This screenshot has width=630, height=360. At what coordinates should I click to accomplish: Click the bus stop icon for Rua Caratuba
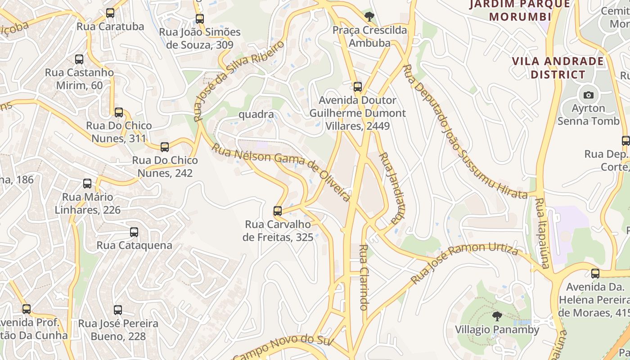[x=110, y=13]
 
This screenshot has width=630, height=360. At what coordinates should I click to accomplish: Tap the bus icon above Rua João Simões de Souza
[x=200, y=19]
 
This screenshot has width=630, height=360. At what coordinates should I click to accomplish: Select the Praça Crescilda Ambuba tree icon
[x=369, y=17]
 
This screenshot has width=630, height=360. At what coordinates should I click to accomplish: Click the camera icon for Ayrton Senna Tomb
[x=588, y=95]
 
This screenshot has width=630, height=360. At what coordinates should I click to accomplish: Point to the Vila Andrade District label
[x=558, y=67]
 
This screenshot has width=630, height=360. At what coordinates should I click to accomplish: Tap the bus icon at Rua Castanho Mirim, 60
[x=79, y=59]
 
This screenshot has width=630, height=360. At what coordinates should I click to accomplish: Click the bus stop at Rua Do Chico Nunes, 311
[x=119, y=112]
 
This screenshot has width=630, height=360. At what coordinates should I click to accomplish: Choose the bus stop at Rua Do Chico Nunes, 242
[x=165, y=147]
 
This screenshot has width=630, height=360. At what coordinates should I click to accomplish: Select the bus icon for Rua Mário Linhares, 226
[x=87, y=184]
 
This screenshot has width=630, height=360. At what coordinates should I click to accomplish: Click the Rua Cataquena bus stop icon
[x=134, y=232]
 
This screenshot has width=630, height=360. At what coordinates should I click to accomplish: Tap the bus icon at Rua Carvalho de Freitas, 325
[x=278, y=211]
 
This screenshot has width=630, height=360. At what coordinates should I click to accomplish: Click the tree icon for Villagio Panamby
[x=497, y=316]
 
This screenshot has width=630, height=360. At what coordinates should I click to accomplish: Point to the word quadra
[x=256, y=114]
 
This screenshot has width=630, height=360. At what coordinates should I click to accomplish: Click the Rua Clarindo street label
[x=364, y=277]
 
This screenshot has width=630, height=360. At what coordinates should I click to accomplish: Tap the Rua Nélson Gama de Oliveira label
[x=281, y=172]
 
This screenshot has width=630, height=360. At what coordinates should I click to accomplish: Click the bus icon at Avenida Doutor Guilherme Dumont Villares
[x=358, y=87]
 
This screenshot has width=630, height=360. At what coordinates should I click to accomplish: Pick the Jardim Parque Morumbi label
[x=520, y=11]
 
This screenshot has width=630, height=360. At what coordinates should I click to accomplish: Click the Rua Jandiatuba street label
[x=390, y=188]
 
